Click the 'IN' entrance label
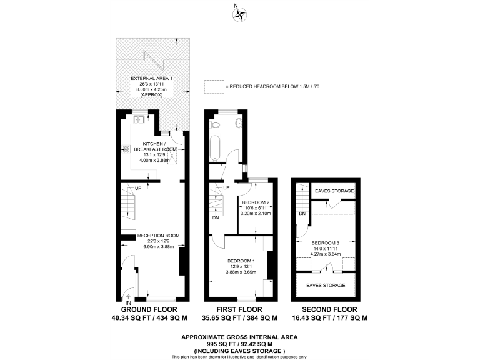tap(128, 302)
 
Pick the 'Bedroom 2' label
tap(254, 202)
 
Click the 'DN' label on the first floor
tap(216, 217)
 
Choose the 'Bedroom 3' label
tap(326, 243)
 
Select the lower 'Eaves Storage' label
tap(326, 285)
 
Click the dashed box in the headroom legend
tap(214, 86)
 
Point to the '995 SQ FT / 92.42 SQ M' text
tap(240, 343)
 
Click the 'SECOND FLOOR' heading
tap(329, 309)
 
